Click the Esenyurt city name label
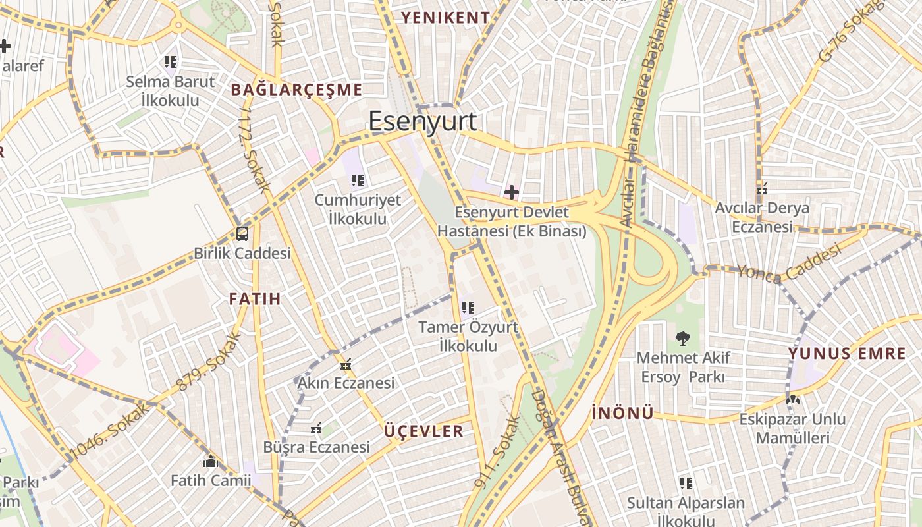[x=422, y=122]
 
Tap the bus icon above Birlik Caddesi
[x=242, y=233]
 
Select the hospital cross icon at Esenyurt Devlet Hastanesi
[x=511, y=192]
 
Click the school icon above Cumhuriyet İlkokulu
[x=358, y=180]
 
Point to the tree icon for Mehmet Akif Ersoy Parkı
[x=683, y=339]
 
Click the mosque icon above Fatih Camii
[x=211, y=461]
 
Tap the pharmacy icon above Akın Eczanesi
[x=346, y=364]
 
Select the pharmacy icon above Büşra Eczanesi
[x=316, y=429]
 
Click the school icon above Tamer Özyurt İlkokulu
[x=468, y=307]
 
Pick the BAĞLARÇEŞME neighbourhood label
[x=296, y=90]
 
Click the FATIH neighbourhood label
[x=255, y=299]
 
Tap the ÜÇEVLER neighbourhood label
[x=424, y=431]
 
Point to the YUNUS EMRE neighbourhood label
[x=847, y=354]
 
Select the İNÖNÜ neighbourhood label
[x=622, y=413]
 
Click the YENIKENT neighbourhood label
[x=446, y=18]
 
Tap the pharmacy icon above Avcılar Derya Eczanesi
[x=763, y=189]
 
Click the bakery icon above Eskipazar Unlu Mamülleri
[x=792, y=399]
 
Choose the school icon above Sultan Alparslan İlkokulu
[x=686, y=484]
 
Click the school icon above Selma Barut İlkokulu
[x=171, y=63]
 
